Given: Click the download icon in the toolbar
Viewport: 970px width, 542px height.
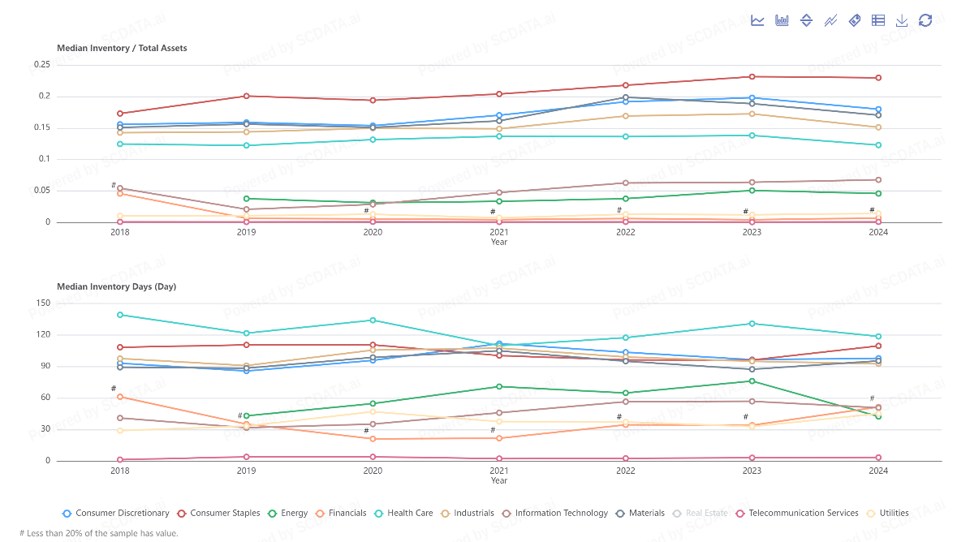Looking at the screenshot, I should (902, 20).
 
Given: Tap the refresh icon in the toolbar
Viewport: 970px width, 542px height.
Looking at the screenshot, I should (925, 20).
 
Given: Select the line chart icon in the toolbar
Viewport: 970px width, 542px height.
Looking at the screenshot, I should (757, 20).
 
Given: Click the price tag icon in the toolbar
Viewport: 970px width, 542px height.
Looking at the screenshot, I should (854, 20).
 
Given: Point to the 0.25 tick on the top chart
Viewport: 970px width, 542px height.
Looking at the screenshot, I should (42, 65).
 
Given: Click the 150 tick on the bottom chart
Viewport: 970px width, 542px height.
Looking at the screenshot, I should (42, 303).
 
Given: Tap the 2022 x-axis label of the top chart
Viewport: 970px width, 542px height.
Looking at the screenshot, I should (626, 232).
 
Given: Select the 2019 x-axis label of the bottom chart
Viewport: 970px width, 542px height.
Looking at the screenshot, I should (246, 471).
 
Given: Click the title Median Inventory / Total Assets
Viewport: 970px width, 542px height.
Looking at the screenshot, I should (122, 48).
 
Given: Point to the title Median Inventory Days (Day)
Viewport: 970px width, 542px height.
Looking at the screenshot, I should (116, 286).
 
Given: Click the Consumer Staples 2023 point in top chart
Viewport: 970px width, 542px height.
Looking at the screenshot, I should (752, 77).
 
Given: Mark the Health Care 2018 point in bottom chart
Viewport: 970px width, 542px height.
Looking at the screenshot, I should (120, 315).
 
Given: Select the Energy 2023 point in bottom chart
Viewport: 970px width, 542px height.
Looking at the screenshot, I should (752, 381).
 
